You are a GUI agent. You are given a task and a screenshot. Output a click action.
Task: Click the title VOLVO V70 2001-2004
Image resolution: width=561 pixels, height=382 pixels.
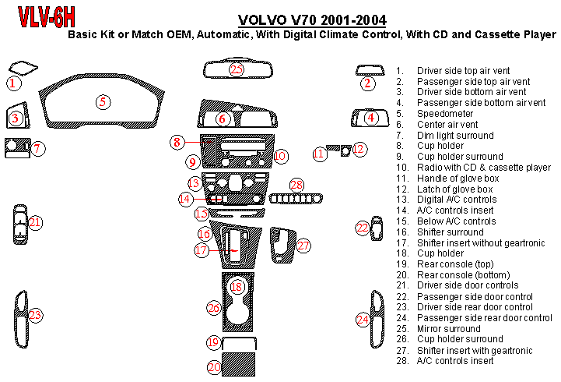(310, 20)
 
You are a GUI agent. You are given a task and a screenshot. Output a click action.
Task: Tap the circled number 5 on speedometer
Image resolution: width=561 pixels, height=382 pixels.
(102, 101)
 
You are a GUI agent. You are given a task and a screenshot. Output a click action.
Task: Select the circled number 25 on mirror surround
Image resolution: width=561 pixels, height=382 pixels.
(237, 70)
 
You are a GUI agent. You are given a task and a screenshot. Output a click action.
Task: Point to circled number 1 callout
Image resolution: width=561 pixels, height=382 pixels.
(12, 82)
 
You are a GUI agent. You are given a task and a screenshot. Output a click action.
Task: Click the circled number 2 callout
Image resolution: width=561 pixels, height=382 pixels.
(367, 83)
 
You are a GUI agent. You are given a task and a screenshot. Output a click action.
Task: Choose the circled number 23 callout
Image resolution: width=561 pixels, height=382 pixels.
(35, 315)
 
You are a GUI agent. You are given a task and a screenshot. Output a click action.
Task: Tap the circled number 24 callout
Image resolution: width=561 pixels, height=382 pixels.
(363, 319)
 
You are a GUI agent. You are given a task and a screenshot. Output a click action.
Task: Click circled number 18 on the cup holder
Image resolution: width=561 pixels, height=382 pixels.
(237, 288)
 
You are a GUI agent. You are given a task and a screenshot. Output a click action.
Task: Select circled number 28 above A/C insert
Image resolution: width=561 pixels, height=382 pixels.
(296, 185)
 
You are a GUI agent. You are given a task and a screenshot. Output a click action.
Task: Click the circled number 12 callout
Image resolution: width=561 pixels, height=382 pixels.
(358, 149)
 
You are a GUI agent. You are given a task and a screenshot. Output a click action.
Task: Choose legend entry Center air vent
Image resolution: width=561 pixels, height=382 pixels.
(447, 124)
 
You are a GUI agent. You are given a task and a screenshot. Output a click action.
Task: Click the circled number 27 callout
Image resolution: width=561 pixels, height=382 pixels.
(303, 246)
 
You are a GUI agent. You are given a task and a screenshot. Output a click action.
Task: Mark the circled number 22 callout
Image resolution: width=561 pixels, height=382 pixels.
(363, 228)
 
